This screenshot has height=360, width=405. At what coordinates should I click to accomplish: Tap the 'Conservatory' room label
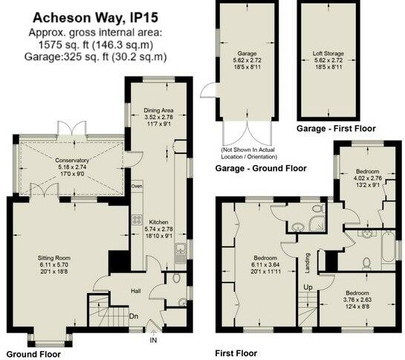(x=72, y=160)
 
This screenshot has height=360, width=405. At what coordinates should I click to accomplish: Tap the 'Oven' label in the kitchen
(x=137, y=185)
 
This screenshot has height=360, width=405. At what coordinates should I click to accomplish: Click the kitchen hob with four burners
(x=137, y=219)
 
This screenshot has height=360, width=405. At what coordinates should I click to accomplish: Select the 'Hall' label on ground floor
(x=136, y=292)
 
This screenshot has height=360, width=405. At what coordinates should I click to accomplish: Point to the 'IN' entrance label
(x=153, y=341)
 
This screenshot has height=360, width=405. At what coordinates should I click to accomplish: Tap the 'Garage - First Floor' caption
(x=328, y=128)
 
